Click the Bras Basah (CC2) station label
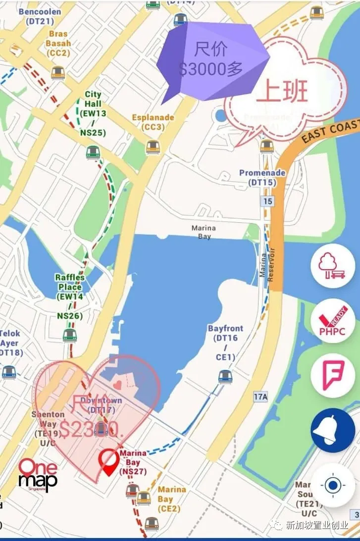coord(58,44)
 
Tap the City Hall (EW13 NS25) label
coord(93,113)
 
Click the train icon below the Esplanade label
coord(153,147)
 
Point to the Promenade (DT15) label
coord(262,177)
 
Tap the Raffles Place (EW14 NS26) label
coord(70,296)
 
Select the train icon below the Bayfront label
coord(225,377)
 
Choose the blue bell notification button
coord(332,430)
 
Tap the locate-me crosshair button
coord(332,485)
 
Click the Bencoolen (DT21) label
coord(40,16)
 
